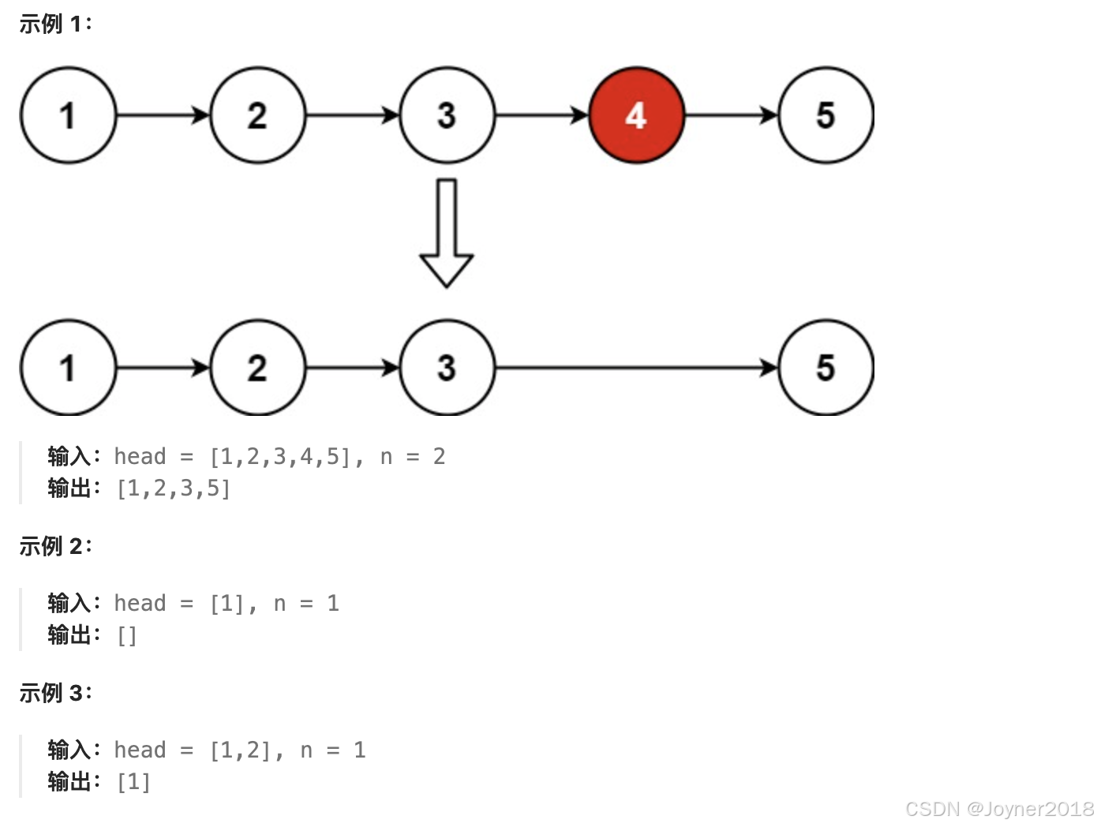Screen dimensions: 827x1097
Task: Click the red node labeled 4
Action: [636, 115]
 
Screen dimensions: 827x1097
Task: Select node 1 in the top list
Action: [68, 115]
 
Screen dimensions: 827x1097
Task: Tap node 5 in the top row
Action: [826, 115]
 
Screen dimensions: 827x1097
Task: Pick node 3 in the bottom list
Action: [447, 368]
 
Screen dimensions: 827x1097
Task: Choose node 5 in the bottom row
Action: [826, 368]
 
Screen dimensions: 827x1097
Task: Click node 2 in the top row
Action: [257, 115]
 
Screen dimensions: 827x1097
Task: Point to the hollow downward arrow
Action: [447, 233]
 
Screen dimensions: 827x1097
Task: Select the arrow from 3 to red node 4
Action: [541, 116]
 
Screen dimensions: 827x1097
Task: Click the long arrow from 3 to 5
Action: [636, 368]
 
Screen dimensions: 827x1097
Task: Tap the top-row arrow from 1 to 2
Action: [163, 116]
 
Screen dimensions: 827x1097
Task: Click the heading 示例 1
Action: [55, 24]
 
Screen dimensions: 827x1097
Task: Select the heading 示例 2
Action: [55, 546]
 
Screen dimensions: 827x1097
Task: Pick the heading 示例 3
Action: [55, 693]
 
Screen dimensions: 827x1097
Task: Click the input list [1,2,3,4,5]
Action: [279, 457]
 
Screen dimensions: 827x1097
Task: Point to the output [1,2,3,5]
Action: [174, 489]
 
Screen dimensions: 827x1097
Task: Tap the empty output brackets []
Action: [127, 636]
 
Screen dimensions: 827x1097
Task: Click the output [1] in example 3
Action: [133, 783]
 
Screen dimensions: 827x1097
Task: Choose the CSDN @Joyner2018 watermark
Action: [999, 809]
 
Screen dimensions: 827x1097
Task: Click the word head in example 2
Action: [140, 604]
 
